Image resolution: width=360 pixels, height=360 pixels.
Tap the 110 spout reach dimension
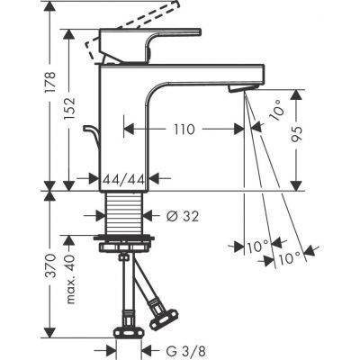click(184, 129)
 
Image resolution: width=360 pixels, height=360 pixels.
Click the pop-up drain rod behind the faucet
click(89, 139)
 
